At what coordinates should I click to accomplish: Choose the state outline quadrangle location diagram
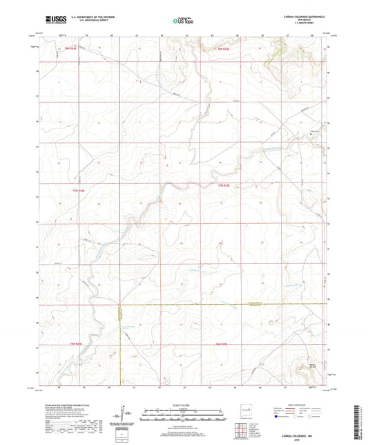coord(244,413)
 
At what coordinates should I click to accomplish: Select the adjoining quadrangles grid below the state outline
coord(244,431)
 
